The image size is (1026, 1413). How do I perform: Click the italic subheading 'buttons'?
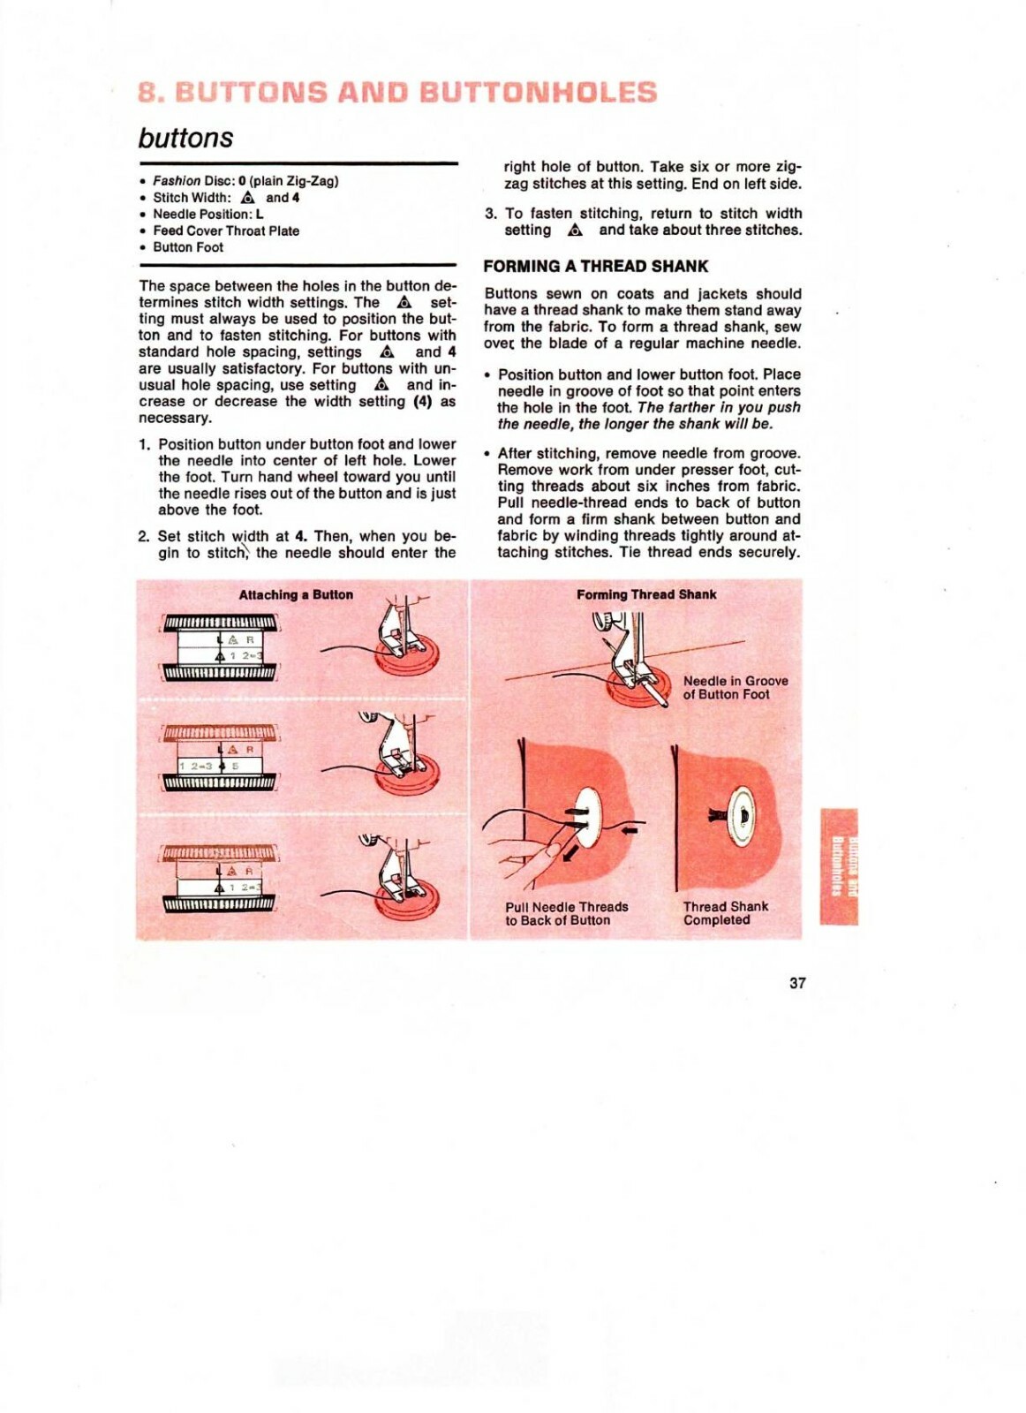(x=185, y=138)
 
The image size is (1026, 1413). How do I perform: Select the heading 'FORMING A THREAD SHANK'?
(x=595, y=266)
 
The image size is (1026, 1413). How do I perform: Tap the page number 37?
(x=797, y=983)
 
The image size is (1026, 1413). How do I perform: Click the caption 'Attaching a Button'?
(x=296, y=594)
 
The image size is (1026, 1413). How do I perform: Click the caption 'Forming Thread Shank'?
(x=646, y=594)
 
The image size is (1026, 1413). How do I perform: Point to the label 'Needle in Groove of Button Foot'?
(x=735, y=687)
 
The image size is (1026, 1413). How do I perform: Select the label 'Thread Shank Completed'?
(x=725, y=912)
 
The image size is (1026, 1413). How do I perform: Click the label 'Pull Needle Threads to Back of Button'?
(x=566, y=913)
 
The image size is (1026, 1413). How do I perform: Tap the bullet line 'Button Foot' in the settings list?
(x=187, y=247)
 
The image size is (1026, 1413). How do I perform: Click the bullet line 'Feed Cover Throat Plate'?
(x=225, y=230)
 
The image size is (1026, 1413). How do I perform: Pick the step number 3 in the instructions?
(x=490, y=214)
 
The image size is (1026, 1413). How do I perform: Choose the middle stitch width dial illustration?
(x=219, y=758)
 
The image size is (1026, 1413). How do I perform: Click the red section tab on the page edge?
(x=838, y=865)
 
